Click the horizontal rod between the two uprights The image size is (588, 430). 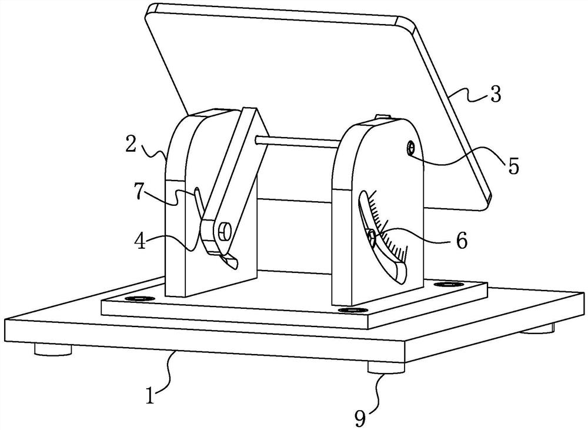tap(298, 141)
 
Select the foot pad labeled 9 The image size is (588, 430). tap(386, 368)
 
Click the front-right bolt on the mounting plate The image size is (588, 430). tap(350, 309)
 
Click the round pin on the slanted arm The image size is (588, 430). tap(223, 230)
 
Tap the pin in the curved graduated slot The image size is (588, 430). tap(371, 236)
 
